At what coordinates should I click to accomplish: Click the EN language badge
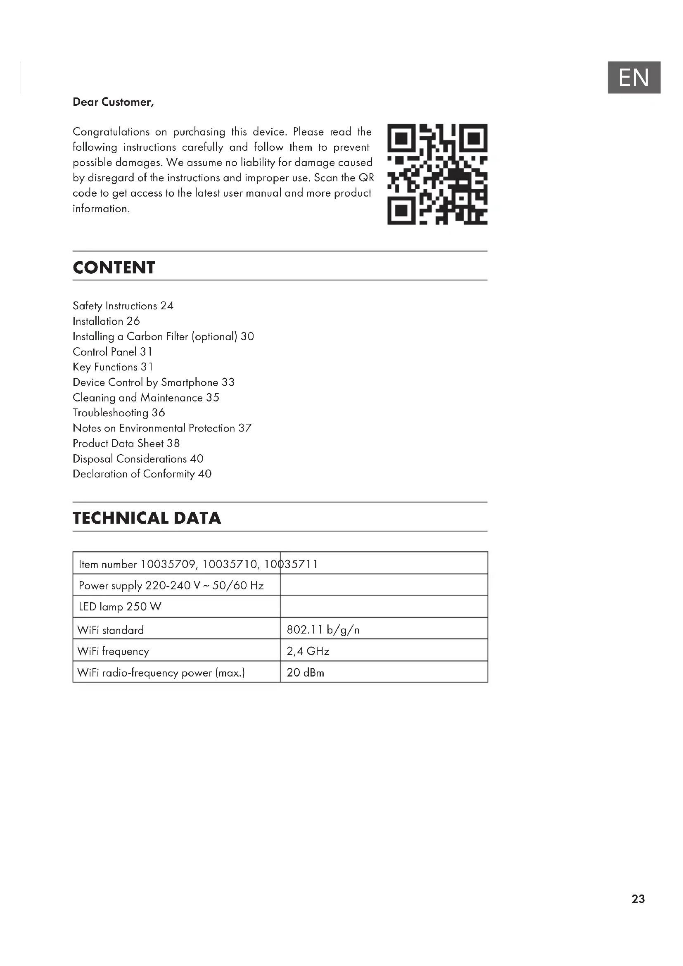coord(633,77)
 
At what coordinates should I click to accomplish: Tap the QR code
coord(437,174)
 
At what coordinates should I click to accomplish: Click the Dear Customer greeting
coord(113,102)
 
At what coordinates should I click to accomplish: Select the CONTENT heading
coord(114,268)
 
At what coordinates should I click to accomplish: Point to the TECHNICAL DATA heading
coord(147,518)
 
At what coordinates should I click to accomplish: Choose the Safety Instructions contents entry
coord(123,306)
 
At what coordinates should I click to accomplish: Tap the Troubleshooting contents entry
coord(119,413)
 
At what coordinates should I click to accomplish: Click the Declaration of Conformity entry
coord(142,474)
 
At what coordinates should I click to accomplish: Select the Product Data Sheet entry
coord(126,444)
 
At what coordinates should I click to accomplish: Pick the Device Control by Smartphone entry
coord(154,382)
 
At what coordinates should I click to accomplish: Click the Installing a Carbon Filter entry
coord(163,337)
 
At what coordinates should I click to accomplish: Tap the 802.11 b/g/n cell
coord(323,630)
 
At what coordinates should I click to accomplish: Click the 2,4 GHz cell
coord(308,651)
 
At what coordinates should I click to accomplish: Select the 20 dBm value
coord(305,673)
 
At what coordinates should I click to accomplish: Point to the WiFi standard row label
coord(111,630)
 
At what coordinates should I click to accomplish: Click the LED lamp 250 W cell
coord(120,607)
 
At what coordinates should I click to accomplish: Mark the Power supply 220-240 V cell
coord(171,586)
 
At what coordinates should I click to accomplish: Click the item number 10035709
coord(168,564)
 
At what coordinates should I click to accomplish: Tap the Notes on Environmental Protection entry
coord(162,428)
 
